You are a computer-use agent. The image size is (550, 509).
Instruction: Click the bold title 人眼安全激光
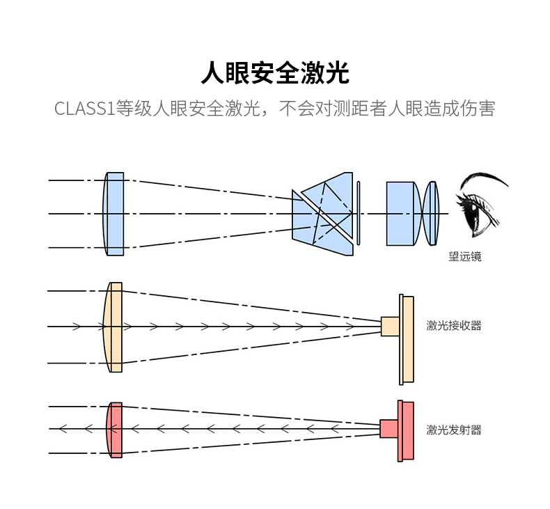pyautogui.click(x=274, y=72)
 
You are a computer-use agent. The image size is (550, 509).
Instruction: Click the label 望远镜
pyautogui.click(x=464, y=256)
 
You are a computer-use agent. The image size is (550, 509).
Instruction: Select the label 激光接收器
pyautogui.click(x=453, y=325)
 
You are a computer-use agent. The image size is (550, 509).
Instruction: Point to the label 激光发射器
pyautogui.click(x=453, y=430)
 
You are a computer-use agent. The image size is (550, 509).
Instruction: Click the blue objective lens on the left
pyautogui.click(x=114, y=214)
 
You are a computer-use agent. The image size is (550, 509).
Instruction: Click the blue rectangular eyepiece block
pyautogui.click(x=400, y=213)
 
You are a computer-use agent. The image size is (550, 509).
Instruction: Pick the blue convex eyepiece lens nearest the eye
pyautogui.click(x=432, y=213)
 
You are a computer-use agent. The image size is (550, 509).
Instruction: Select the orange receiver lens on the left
pyautogui.click(x=113, y=327)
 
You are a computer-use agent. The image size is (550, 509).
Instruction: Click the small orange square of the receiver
pyautogui.click(x=390, y=326)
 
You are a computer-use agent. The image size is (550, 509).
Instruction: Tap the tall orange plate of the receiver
pyautogui.click(x=407, y=339)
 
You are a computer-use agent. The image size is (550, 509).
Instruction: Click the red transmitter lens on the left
pyautogui.click(x=115, y=430)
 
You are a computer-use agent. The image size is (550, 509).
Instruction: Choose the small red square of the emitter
pyautogui.click(x=388, y=428)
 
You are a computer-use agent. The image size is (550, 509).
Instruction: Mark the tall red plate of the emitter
pyautogui.click(x=407, y=431)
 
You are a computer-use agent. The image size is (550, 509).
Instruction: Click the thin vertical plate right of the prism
pyautogui.click(x=359, y=213)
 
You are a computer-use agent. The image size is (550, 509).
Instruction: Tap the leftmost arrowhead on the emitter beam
pyautogui.click(x=63, y=428)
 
